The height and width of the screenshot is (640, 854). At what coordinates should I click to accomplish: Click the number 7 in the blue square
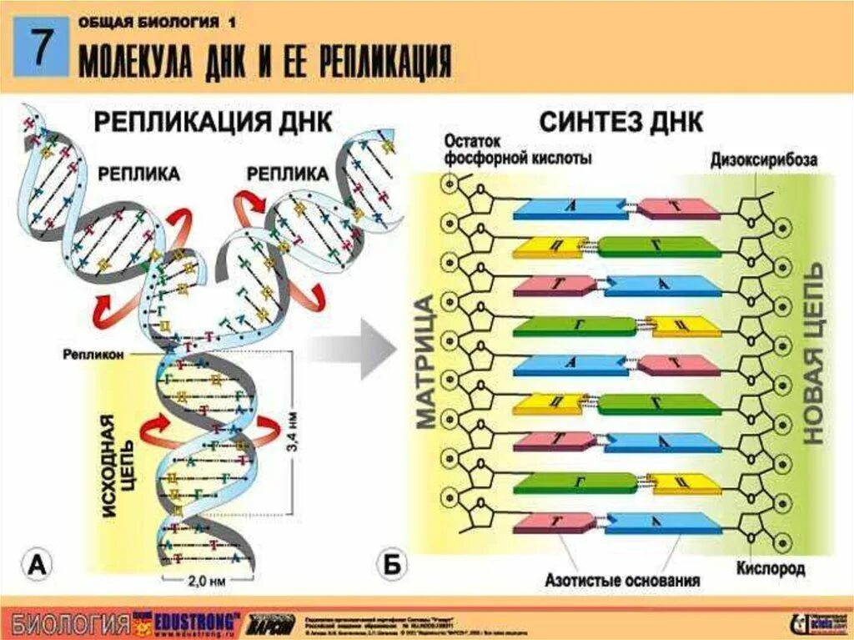[39, 52]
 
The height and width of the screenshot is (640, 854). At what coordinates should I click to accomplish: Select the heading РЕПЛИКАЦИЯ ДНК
[212, 122]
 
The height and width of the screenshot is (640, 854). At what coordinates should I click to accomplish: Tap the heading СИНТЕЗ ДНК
[621, 122]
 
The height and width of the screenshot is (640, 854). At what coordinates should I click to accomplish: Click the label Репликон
[93, 355]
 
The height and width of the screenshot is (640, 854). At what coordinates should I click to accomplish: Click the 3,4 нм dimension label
[291, 429]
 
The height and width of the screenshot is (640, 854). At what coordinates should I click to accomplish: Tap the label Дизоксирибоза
[764, 159]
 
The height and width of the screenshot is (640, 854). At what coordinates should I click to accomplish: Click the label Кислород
[770, 569]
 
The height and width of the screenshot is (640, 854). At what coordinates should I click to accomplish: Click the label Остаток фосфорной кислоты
[517, 149]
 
